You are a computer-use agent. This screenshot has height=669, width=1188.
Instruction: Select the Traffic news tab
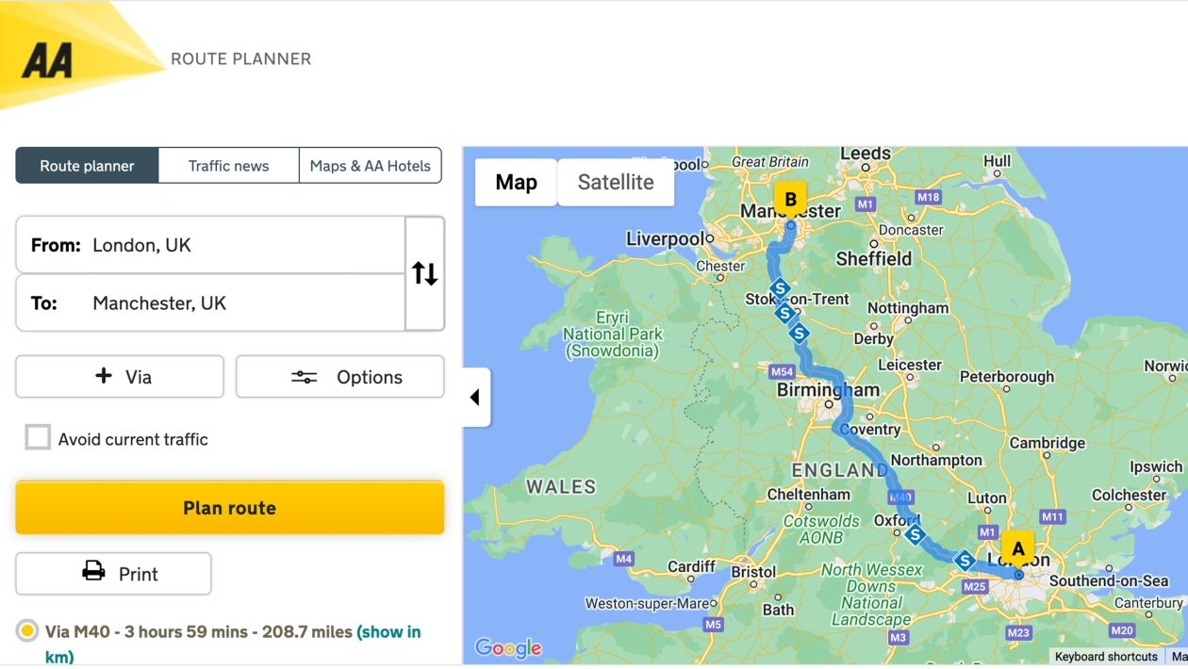coord(228,166)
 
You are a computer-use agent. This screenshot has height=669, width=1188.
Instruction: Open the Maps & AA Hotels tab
coord(370,166)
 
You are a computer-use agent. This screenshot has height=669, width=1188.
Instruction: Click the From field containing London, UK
coord(210,245)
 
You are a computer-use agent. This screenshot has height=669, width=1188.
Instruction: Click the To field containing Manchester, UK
coord(210,303)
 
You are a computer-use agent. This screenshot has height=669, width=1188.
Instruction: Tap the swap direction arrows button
coord(424,274)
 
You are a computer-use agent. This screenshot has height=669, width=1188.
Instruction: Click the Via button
coord(120,377)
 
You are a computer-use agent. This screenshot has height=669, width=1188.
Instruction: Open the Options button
coord(339,377)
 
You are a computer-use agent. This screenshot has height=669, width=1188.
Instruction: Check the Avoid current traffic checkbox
coord(38,438)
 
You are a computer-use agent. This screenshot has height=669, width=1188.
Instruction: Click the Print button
coord(113,574)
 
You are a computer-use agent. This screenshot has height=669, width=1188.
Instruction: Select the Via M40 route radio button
coord(28,631)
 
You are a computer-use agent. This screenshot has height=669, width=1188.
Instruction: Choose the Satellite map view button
coord(616,182)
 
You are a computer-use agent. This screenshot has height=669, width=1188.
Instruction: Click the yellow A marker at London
coord(1017,547)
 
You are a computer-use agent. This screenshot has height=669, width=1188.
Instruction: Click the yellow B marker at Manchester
coord(790,199)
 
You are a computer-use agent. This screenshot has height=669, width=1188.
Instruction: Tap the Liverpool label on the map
coord(666,239)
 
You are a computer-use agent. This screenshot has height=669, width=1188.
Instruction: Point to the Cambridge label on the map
coord(1047,443)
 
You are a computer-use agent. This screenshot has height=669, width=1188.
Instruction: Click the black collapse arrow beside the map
coord(475,398)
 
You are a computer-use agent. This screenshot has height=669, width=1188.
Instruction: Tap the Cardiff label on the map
coord(691,566)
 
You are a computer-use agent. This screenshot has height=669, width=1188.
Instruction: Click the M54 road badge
coord(782,371)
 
